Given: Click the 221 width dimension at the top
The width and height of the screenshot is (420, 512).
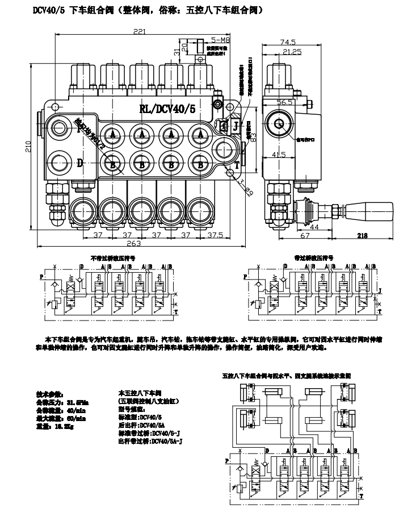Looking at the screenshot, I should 138,32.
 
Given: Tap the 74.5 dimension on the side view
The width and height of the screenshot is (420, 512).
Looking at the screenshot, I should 288,41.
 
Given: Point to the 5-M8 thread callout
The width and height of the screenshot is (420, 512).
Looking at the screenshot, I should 221,40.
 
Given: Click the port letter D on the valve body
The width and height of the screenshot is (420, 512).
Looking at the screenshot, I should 80,164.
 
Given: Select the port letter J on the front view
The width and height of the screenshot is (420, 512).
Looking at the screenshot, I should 234,126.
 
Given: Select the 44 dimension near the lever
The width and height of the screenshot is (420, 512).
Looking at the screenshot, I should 296,226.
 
